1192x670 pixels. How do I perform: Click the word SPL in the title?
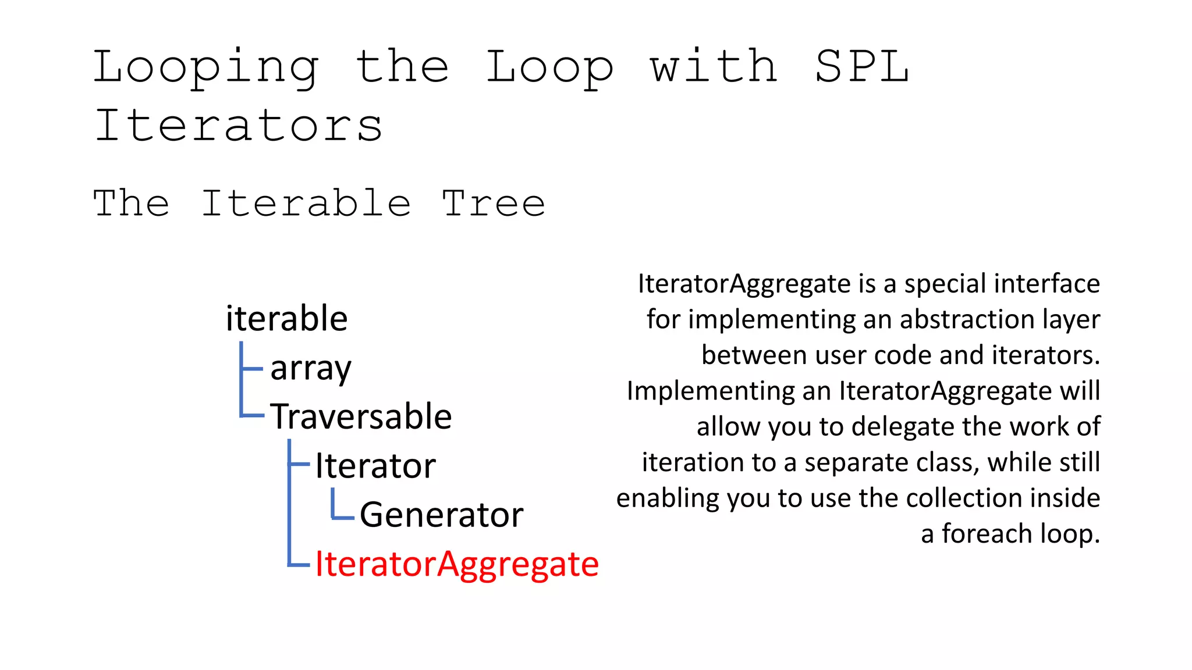click(x=861, y=66)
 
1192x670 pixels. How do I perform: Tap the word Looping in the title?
click(x=206, y=67)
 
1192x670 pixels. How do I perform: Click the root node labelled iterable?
click(x=286, y=319)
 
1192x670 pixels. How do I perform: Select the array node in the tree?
click(x=311, y=368)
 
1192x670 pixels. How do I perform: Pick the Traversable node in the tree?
click(x=361, y=416)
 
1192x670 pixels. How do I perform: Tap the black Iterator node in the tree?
click(x=375, y=466)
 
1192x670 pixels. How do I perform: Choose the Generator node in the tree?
click(x=441, y=515)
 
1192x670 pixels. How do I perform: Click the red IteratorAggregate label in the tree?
click(x=457, y=564)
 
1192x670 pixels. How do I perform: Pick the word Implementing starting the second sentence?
click(x=711, y=391)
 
